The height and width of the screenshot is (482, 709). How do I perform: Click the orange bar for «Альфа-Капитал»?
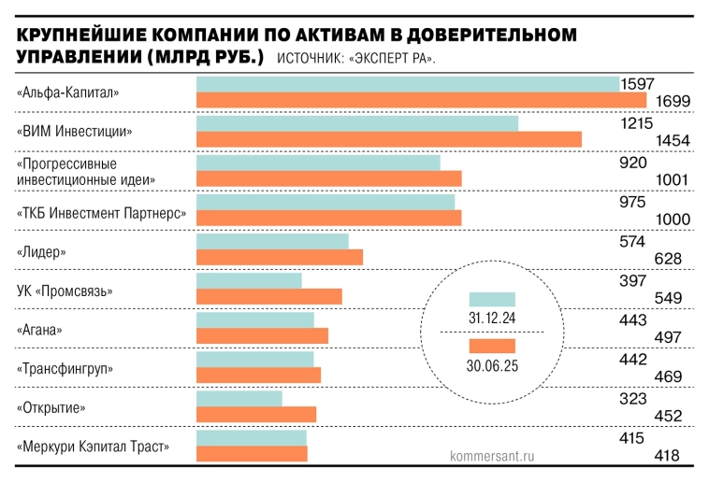(x=421, y=100)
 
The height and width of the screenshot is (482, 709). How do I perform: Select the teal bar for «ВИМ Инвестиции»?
(x=356, y=123)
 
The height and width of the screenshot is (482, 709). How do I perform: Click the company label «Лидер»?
(x=42, y=252)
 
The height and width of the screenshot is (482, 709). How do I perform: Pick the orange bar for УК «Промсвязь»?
(x=268, y=296)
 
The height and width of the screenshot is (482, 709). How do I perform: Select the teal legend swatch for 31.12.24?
(x=492, y=301)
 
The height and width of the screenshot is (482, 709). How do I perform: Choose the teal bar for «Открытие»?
(x=239, y=399)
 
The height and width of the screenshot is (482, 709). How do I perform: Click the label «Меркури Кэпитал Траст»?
(x=94, y=447)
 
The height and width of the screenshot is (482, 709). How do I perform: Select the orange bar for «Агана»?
(x=262, y=335)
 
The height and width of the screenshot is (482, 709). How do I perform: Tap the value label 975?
(x=634, y=202)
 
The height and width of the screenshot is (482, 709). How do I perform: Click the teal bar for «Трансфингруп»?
(x=254, y=360)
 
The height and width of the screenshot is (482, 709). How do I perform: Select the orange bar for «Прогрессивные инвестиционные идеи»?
(x=328, y=178)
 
